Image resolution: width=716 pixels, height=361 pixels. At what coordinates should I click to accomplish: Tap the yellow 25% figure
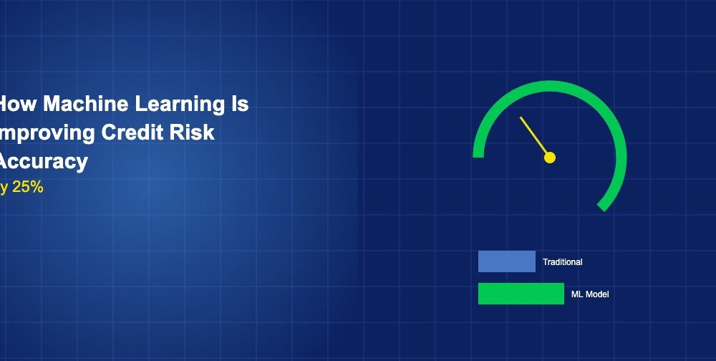[28, 188]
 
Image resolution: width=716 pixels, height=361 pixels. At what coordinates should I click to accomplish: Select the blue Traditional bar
[506, 261]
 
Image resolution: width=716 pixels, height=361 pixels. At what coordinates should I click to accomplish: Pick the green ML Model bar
[521, 294]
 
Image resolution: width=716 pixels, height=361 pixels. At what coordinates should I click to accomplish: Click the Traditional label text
[562, 262]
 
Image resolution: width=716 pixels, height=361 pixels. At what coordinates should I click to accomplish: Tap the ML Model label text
[590, 294]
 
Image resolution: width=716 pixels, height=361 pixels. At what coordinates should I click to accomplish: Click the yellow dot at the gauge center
[550, 158]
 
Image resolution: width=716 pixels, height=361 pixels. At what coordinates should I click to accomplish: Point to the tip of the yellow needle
[521, 117]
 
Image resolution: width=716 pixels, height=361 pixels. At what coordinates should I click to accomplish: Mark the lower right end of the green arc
[603, 208]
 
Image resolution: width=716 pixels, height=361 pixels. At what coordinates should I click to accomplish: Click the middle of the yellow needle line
[535, 137]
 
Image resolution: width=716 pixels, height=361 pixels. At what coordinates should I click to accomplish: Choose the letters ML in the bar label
[577, 294]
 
